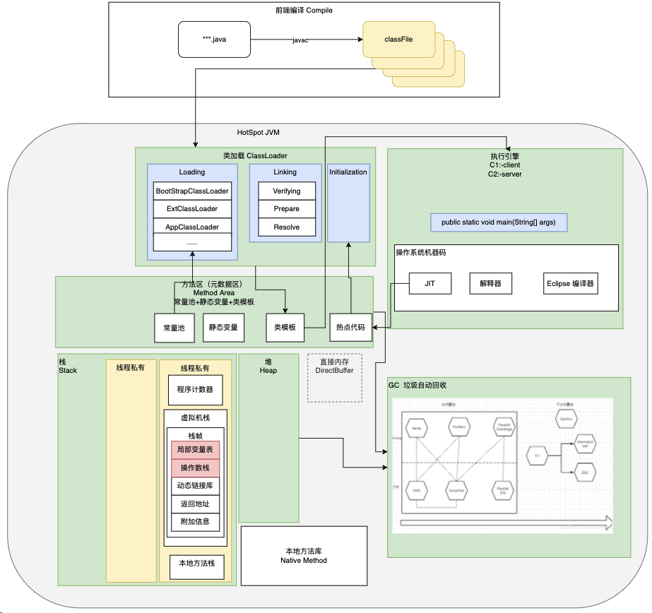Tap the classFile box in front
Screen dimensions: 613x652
point(398,40)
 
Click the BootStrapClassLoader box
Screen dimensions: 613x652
point(192,191)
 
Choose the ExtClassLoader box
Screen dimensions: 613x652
point(192,209)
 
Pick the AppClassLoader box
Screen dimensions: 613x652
point(192,227)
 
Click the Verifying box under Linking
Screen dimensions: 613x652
point(286,191)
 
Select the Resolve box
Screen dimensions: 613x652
point(286,227)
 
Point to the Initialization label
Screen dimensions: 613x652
point(348,172)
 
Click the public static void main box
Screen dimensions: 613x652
point(499,222)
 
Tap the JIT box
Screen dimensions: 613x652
point(429,284)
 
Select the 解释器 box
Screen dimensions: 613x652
point(490,284)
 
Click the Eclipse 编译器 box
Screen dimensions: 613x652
point(570,284)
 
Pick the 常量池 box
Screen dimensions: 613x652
point(173,328)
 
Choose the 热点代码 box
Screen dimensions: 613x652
point(351,328)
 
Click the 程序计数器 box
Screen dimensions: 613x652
point(195,389)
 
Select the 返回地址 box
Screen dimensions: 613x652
point(195,504)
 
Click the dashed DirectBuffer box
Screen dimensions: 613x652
point(334,378)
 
